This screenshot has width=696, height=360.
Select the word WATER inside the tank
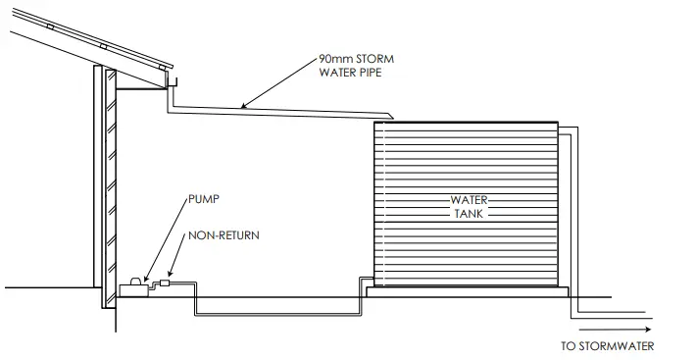coord(469,200)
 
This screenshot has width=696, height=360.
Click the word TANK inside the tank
coord(469,213)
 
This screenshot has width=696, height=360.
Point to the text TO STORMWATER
coord(607,346)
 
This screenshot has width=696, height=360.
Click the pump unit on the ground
coord(132,287)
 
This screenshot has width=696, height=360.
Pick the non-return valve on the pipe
coord(164,283)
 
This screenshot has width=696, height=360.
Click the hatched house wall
coord(110,186)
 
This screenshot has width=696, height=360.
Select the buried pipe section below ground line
coord(279,314)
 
